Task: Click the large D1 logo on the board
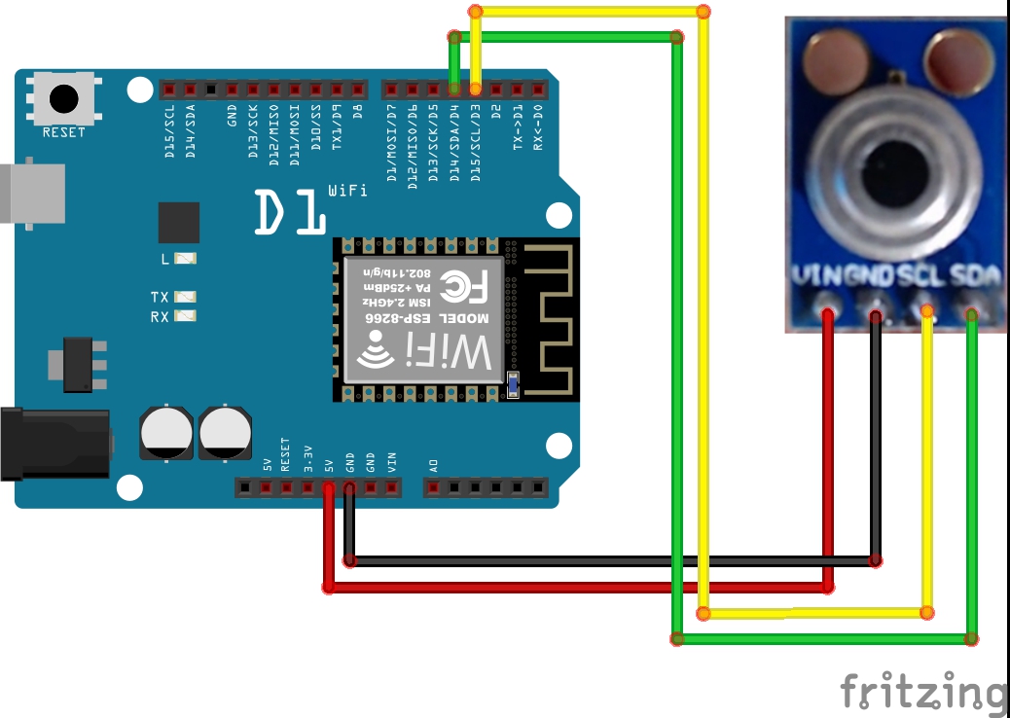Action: [x=289, y=212]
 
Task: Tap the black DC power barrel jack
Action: [x=54, y=445]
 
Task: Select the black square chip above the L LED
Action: [x=178, y=223]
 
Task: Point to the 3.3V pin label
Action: [x=307, y=457]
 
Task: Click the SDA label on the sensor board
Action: [x=975, y=276]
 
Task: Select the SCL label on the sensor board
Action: [x=921, y=276]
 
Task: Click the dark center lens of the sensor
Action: [x=900, y=174]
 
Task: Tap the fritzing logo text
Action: [x=922, y=692]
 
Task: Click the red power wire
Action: [x=584, y=588]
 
